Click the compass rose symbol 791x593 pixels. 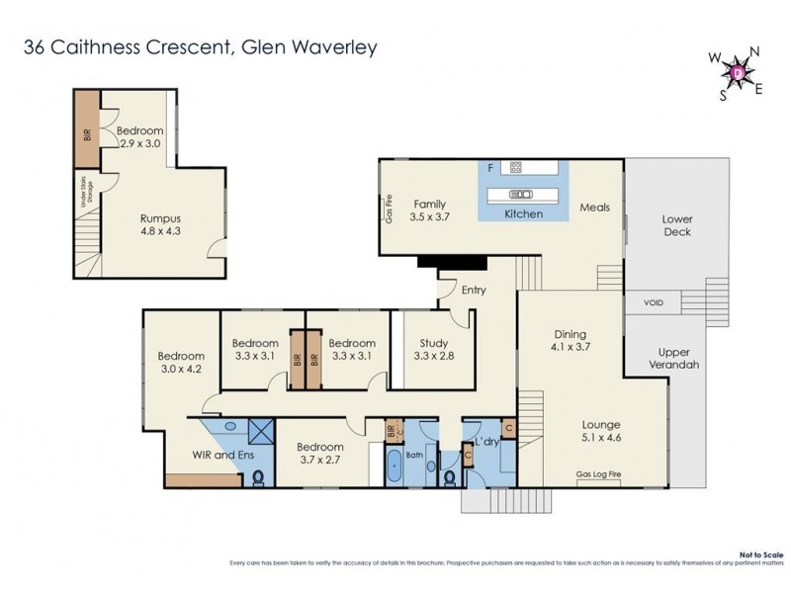click(738, 71)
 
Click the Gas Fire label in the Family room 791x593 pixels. click(389, 209)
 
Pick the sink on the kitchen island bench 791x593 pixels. click(521, 194)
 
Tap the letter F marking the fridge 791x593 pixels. click(489, 169)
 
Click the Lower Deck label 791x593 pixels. click(676, 225)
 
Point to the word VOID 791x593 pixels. click(654, 302)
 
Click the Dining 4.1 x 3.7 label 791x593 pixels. click(570, 340)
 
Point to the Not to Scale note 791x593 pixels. click(759, 556)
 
